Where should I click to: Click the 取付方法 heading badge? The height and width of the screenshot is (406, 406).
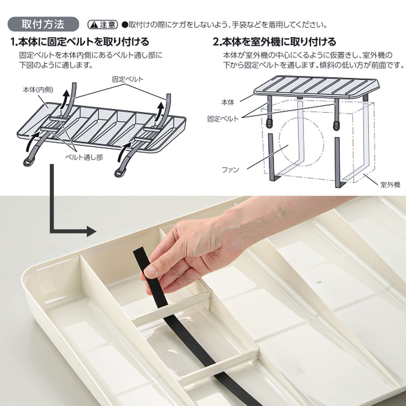point(44,24)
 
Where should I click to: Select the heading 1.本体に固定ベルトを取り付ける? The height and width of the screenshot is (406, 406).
point(80,42)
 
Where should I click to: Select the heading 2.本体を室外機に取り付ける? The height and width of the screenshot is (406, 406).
point(274,42)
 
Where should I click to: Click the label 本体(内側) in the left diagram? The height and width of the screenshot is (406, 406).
point(38,90)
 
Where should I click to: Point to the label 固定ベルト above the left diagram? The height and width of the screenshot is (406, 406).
point(127,79)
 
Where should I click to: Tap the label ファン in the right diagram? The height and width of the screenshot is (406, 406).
point(231,170)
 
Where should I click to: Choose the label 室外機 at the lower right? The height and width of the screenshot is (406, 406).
point(391,185)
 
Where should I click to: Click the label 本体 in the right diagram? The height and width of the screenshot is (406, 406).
point(228,102)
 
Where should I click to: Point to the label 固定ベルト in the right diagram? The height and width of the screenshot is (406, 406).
point(223,119)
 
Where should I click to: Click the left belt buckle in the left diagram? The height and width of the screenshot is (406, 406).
point(27,162)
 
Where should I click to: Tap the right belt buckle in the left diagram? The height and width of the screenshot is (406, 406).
point(120,172)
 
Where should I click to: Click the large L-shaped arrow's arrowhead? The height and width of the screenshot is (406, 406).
point(91,231)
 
